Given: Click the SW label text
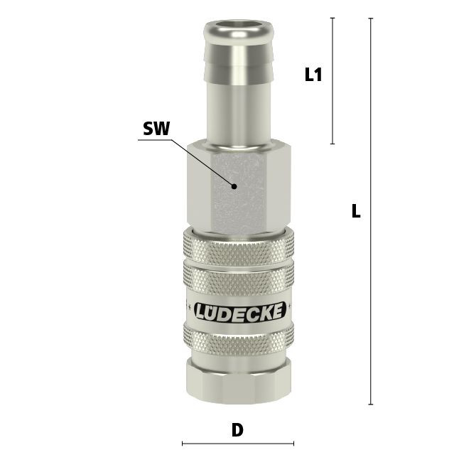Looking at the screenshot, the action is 156,129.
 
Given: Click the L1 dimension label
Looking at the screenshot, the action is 313,74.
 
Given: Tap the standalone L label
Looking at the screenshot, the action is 356,211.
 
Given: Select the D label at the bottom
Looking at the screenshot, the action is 237,430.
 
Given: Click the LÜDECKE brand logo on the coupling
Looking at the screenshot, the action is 239,312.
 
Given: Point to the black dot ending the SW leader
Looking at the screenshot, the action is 234,186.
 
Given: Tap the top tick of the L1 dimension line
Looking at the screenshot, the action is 333,18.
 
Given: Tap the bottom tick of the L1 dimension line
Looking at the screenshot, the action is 333,144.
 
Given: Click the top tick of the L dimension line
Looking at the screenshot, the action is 370,18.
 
